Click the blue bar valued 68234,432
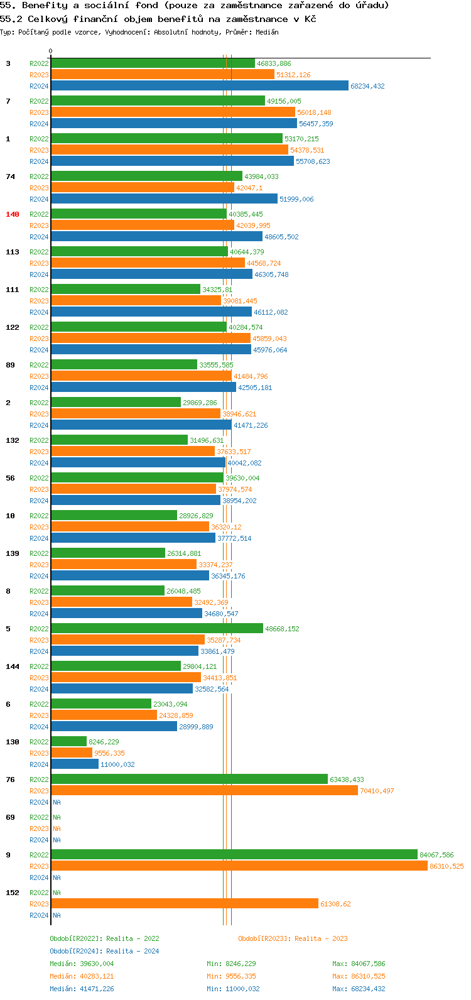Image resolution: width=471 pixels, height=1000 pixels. coord(200,86)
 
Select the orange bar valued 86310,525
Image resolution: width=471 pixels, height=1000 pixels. coord(239,866)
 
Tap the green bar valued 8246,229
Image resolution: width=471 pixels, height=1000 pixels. coord(69,742)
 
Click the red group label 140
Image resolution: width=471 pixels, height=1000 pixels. coord(13,214)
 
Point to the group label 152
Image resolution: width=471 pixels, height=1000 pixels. coord(13,893)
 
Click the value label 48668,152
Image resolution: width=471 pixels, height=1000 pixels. coord(282,629)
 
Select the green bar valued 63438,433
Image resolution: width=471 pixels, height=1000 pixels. coord(189,780)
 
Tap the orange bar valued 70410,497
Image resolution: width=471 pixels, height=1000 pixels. coord(204,791)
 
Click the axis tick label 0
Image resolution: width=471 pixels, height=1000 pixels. coord(51,51)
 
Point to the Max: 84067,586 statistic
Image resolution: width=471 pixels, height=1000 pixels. coord(359,964)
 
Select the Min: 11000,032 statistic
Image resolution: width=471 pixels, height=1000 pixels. coord(231,989)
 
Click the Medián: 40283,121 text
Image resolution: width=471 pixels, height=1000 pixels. coord(82,976)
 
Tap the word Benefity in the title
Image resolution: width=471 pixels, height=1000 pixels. coord(45,5)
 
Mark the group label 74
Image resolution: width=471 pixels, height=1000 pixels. coord(11,177)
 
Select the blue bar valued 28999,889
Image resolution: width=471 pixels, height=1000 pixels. coord(114,727)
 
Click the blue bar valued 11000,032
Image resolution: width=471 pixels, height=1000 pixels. coord(75,764)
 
